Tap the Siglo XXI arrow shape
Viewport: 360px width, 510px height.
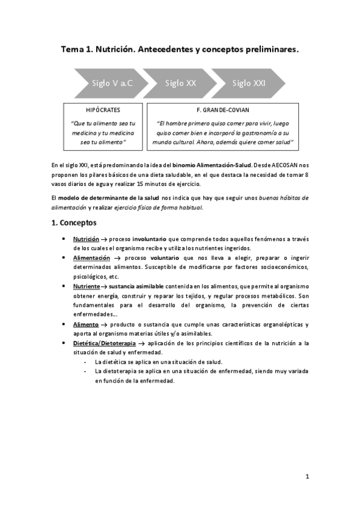click(x=249, y=83)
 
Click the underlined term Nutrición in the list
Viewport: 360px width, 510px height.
click(x=86, y=239)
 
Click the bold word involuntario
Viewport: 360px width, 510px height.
click(x=149, y=239)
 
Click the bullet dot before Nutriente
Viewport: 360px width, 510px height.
click(x=64, y=286)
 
